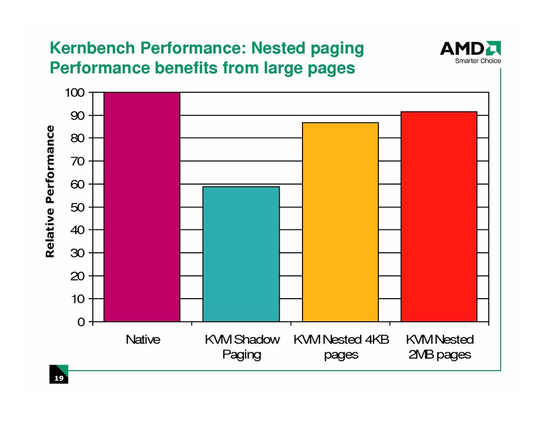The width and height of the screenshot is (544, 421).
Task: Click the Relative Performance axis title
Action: (x=51, y=192)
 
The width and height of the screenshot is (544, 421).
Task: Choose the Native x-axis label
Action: (x=142, y=340)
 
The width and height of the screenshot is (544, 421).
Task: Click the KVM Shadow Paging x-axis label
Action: (x=241, y=347)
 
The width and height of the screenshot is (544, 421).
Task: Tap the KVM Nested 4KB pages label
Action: (x=341, y=347)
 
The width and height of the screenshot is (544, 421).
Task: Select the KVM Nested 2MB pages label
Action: (x=439, y=347)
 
